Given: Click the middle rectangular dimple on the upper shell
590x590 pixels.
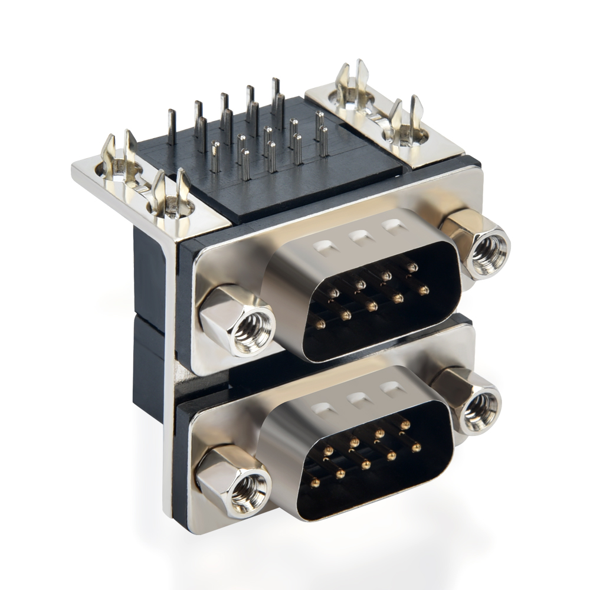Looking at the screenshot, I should (x=358, y=237).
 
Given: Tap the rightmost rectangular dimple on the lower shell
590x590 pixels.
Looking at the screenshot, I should (x=390, y=389).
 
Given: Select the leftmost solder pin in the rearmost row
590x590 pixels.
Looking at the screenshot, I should (x=172, y=126).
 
